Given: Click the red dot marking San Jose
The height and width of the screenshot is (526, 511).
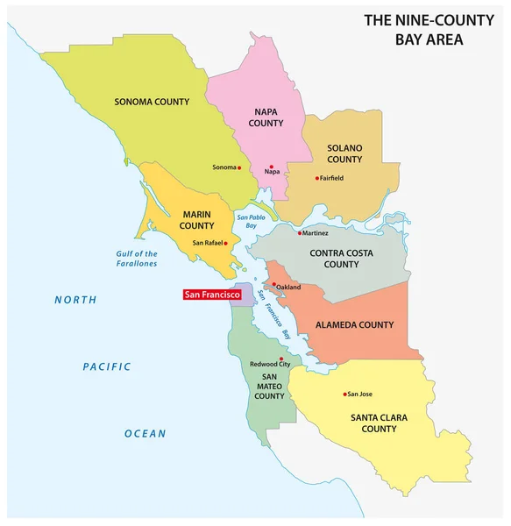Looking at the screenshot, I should point(346,394).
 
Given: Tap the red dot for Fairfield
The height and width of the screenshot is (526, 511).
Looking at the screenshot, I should point(316,178).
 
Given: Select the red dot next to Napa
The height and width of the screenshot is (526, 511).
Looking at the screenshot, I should point(272,167).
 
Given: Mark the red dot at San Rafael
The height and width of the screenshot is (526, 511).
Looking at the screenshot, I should point(226,243).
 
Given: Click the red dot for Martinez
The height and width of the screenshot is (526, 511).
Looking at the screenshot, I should point(299,233).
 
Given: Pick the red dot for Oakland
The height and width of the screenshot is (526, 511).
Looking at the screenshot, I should point(274,285).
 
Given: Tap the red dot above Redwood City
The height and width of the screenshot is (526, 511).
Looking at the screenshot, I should point(281,359).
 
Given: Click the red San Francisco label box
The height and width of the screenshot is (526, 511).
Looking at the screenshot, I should point(211,295).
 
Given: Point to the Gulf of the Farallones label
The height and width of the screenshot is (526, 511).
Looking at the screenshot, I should point(137,259).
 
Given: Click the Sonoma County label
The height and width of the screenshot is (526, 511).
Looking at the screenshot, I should point(152,103).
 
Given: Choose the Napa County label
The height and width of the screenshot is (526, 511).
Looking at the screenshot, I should point(266,117).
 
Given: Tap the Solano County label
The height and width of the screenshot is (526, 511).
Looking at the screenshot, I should point(344,153).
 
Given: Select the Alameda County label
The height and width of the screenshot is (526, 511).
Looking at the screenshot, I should point(354,325).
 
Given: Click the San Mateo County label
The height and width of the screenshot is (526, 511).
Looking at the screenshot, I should point(269,384).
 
